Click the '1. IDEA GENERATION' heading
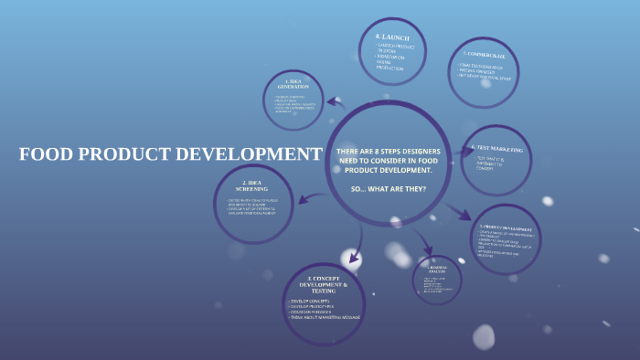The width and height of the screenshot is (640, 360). tap(293, 83)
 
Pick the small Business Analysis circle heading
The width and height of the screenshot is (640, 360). tap(437, 269)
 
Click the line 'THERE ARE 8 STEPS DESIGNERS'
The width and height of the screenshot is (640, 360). tap(389, 151)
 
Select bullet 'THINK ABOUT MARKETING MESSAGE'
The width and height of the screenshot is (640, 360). tap(325, 317)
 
